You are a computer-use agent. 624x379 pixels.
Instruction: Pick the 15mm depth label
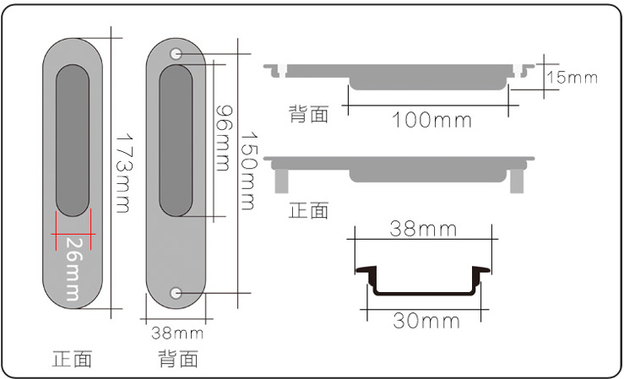pyautogui.click(x=572, y=78)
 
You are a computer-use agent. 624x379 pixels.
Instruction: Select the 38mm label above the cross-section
pyautogui.click(x=423, y=229)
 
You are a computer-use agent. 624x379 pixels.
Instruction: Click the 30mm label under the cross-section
pyautogui.click(x=426, y=321)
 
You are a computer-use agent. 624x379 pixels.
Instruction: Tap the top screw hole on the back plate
pyautogui.click(x=176, y=54)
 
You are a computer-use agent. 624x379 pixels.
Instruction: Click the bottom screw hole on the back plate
pyautogui.click(x=176, y=293)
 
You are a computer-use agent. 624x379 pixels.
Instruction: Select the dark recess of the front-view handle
pyautogui.click(x=73, y=139)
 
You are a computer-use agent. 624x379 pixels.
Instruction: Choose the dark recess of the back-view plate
pyautogui.click(x=176, y=139)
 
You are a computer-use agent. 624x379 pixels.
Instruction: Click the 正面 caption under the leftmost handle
pyautogui.click(x=72, y=359)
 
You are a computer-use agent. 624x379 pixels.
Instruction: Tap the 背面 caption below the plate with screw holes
pyautogui.click(x=178, y=360)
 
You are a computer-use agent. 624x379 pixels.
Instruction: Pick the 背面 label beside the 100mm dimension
pyautogui.click(x=308, y=114)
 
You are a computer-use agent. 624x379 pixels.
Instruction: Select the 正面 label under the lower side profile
pyautogui.click(x=308, y=209)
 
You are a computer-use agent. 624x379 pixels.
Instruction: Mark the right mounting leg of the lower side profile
pyautogui.click(x=516, y=178)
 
